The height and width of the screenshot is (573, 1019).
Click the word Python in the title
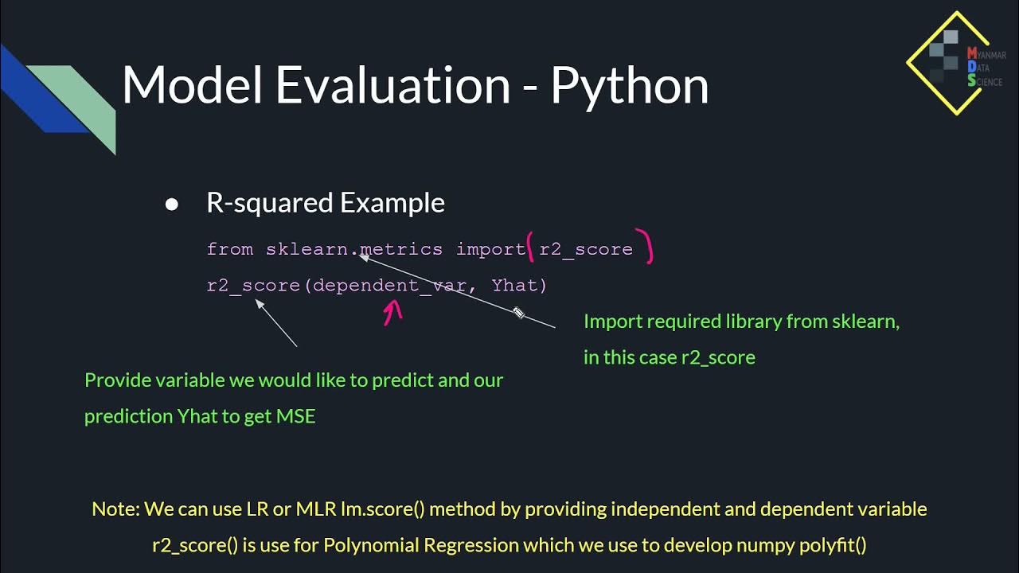[x=629, y=86]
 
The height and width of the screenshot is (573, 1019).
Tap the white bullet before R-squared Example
[x=171, y=205]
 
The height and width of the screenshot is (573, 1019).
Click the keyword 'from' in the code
[x=229, y=249]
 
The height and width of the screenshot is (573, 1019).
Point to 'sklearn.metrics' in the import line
[x=353, y=249]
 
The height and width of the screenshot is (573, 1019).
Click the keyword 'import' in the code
[x=490, y=249]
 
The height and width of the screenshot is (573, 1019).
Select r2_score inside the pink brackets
[x=586, y=249]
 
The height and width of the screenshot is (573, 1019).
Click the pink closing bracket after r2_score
[x=648, y=247]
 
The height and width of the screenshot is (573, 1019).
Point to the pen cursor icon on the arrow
[x=519, y=313]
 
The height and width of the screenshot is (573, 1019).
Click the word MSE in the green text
[x=295, y=416]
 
